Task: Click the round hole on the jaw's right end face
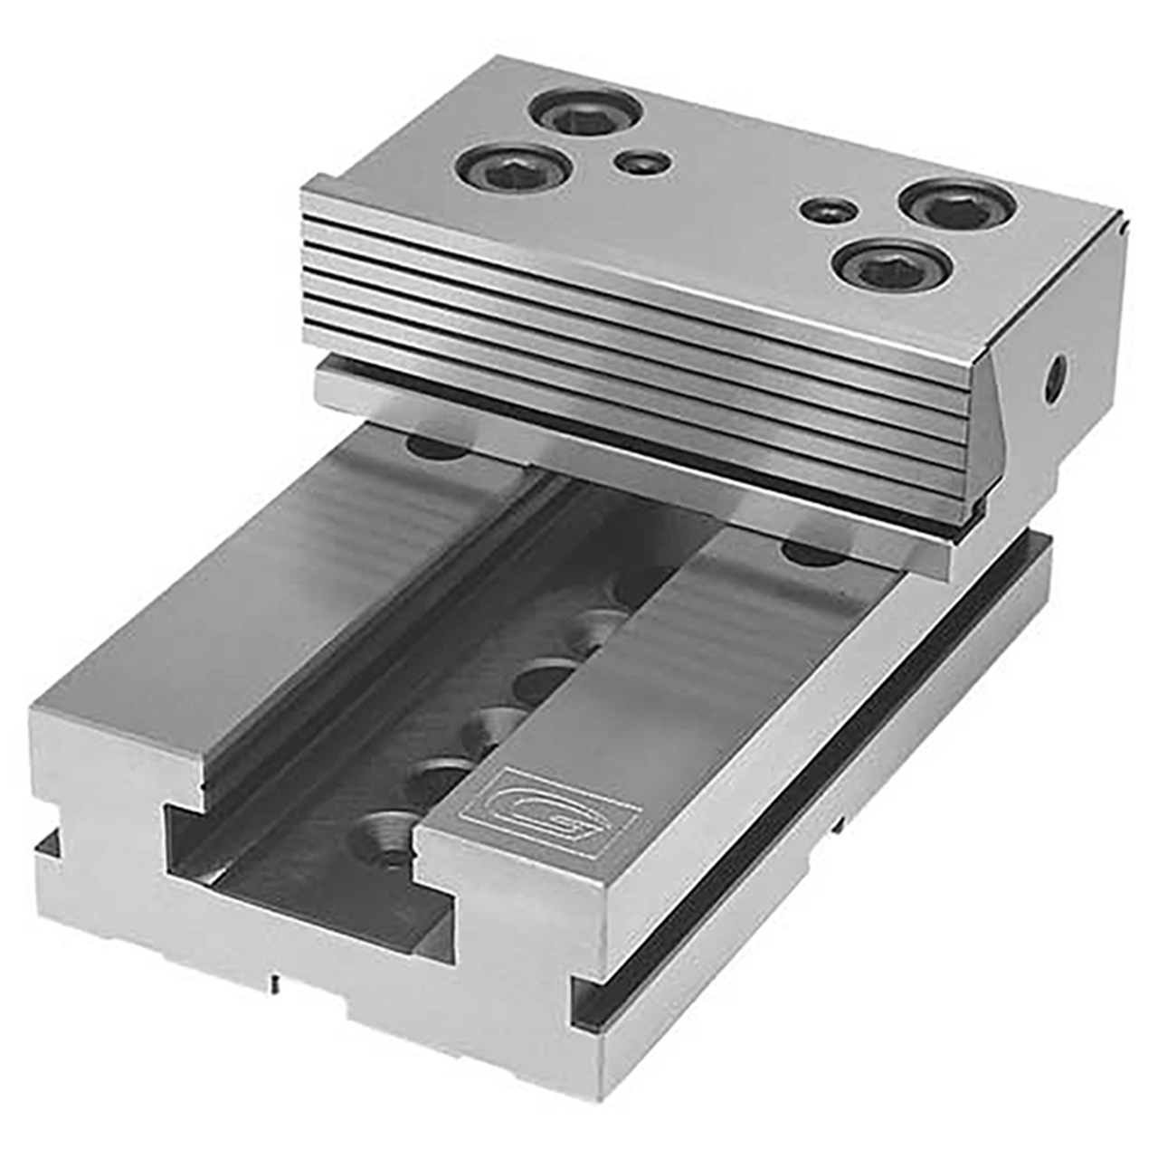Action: point(1055,377)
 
